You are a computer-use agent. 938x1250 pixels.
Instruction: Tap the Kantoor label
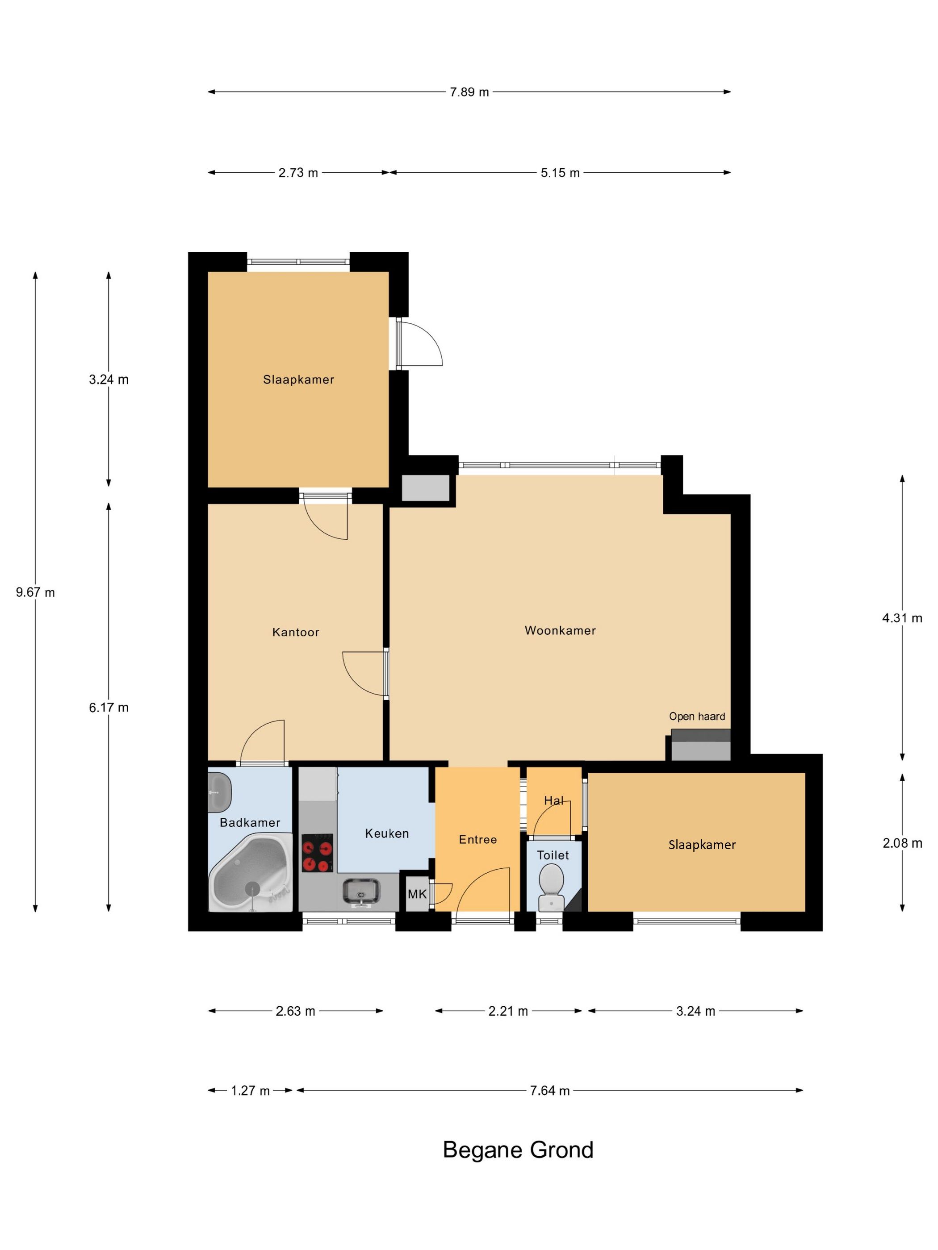pyautogui.click(x=296, y=632)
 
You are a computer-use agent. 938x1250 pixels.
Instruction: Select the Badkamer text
pyautogui.click(x=250, y=823)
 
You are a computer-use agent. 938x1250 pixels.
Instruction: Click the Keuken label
pyautogui.click(x=387, y=833)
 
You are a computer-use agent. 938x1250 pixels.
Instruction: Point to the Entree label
pyautogui.click(x=478, y=840)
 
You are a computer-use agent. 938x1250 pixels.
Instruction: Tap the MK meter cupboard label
pyautogui.click(x=417, y=894)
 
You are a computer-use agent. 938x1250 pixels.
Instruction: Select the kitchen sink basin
pyautogui.click(x=361, y=892)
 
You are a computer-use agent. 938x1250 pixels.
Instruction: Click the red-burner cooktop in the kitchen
pyautogui.click(x=317, y=853)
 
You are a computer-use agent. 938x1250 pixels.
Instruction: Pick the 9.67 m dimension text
pyautogui.click(x=35, y=592)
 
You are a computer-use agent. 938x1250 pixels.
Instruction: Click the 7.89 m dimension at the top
pyautogui.click(x=469, y=92)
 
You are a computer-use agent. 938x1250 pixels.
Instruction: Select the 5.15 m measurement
pyautogui.click(x=560, y=173)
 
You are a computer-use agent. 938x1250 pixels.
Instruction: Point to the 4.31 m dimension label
pyautogui.click(x=902, y=618)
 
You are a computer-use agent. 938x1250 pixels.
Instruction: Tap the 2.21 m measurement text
pyautogui.click(x=508, y=1011)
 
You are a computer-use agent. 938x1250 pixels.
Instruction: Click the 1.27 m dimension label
pyautogui.click(x=251, y=1091)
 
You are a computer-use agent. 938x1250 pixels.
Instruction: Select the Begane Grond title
pyautogui.click(x=518, y=1150)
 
